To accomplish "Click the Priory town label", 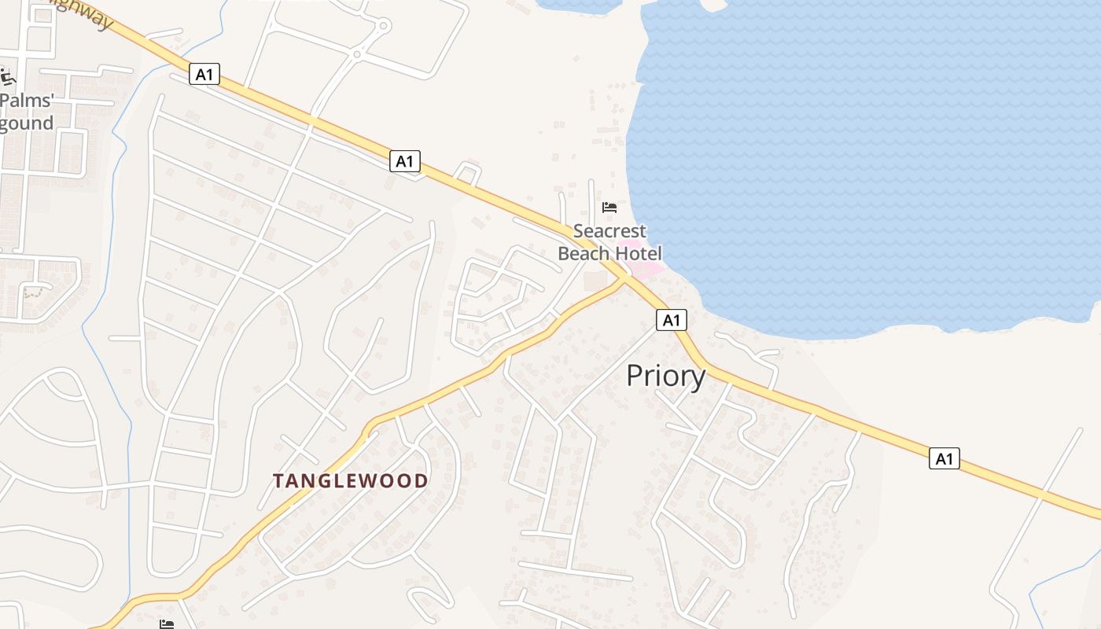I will coord(665,377).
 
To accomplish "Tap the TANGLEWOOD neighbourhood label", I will coord(351,480).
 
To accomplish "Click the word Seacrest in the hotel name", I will coord(609,231).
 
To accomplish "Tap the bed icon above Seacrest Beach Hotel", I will coord(609,208).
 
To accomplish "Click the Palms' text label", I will coord(26,101).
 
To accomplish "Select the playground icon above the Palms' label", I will coord(7,77).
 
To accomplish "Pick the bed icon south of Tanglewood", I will coord(167,624).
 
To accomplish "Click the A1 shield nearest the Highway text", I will coord(204,75).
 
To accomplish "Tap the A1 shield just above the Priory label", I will coord(671,320).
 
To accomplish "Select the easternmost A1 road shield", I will coord(944,458).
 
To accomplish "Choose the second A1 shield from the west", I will coord(404,162).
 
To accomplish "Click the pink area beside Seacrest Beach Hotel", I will coord(646,270).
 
